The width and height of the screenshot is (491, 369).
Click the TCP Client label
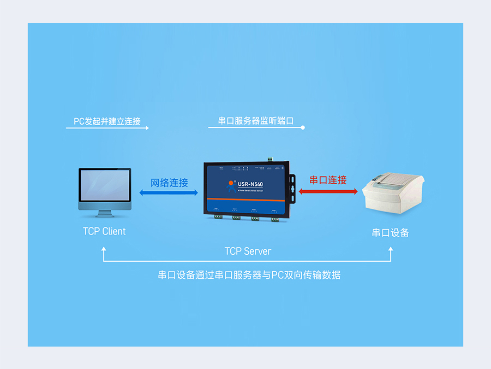pos(104,231)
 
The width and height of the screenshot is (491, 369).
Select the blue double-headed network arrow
pos(169,193)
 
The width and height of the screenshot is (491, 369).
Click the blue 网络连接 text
pos(169,183)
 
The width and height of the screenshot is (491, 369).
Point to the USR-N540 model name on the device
pos(250,184)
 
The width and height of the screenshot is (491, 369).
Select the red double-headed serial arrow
pos(328,191)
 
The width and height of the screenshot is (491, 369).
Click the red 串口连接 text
pos(328,180)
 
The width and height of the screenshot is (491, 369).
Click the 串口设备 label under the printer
pos(391,232)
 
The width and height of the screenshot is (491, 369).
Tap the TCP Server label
pos(248,251)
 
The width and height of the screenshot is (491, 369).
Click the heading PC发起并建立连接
pos(111,121)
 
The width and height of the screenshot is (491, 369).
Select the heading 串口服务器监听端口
pos(256,121)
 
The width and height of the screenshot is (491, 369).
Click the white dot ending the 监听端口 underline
pos(303,128)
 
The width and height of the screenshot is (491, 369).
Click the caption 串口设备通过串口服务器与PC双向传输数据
pos(249,275)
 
